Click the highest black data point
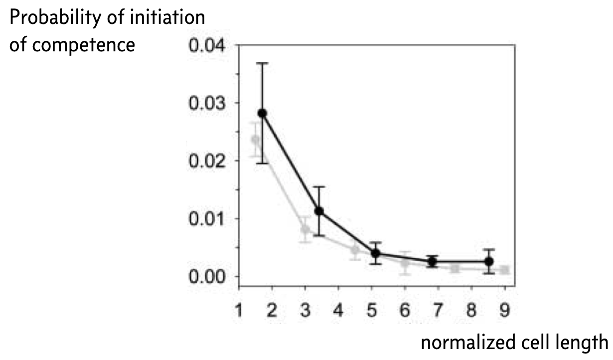(263, 113)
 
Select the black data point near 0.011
(319, 211)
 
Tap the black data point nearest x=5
(376, 253)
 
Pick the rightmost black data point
(489, 261)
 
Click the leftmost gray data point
(256, 140)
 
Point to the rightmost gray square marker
(505, 270)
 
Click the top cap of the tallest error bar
(263, 63)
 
